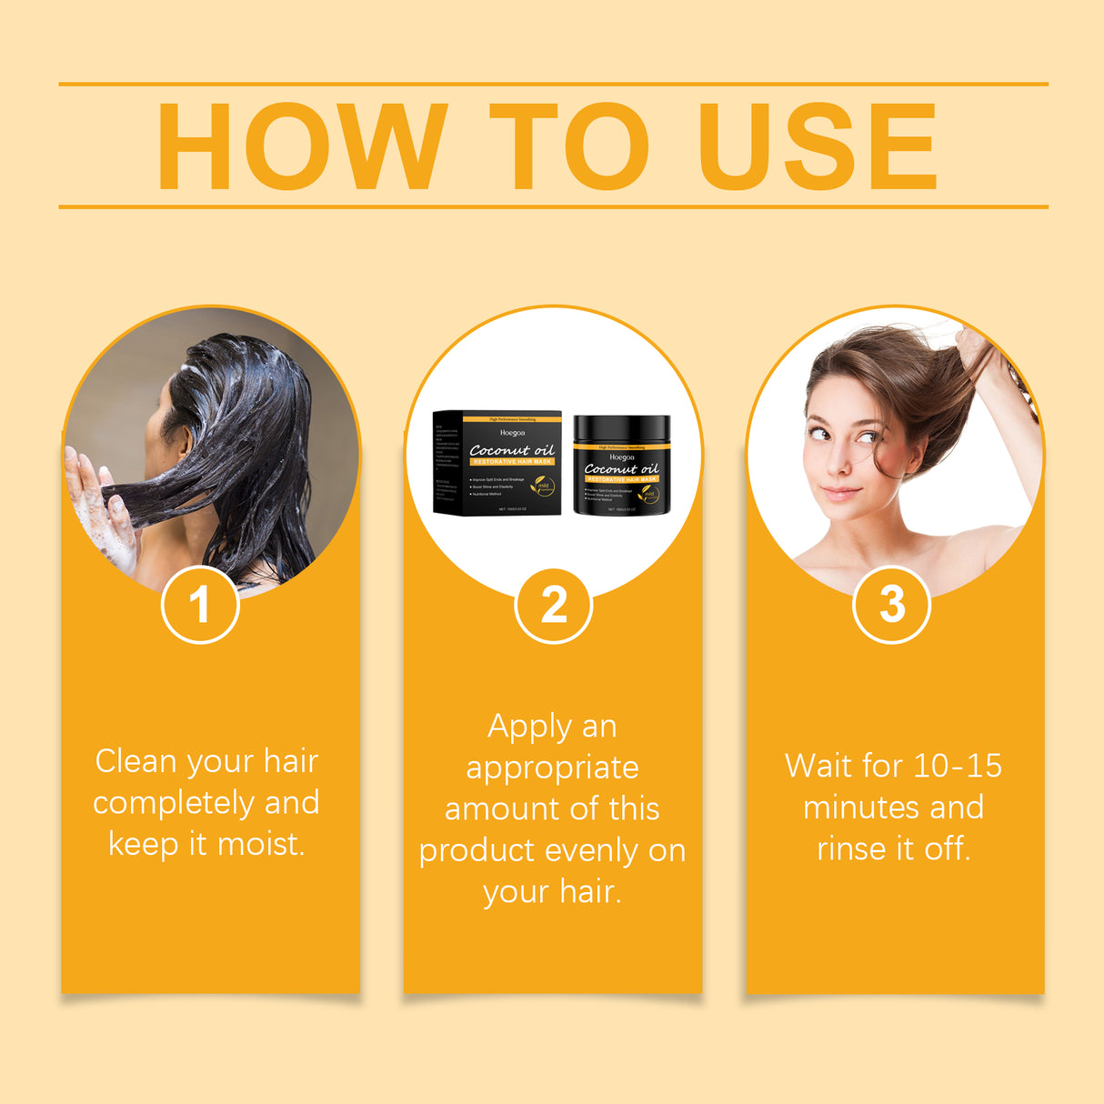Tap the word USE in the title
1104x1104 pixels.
[x=818, y=147]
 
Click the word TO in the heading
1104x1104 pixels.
[x=569, y=147]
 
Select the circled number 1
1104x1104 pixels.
[x=200, y=605]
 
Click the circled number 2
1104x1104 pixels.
[x=553, y=605]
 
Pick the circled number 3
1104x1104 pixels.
[x=891, y=605]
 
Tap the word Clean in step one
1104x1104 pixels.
[x=135, y=761]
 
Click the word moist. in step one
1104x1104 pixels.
[x=261, y=845]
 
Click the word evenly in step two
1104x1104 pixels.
[x=591, y=851]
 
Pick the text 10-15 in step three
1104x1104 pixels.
[x=957, y=766]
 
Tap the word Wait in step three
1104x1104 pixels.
[x=818, y=766]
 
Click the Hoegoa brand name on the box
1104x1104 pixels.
[x=512, y=433]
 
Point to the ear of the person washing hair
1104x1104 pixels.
[x=185, y=441]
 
